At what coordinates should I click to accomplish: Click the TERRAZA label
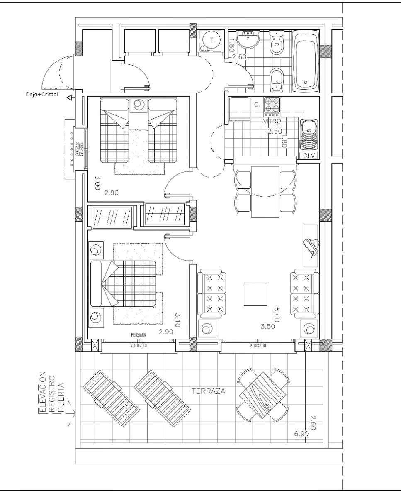coord(209,391)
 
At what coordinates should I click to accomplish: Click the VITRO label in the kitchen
coord(272,121)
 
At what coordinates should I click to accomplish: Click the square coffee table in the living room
coord(255,293)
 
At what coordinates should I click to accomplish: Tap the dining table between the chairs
coord(265,191)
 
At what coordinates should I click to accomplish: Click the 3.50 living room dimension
coord(268,327)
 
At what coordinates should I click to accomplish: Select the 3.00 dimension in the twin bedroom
coord(98,183)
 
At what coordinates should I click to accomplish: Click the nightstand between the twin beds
coord(138,105)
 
